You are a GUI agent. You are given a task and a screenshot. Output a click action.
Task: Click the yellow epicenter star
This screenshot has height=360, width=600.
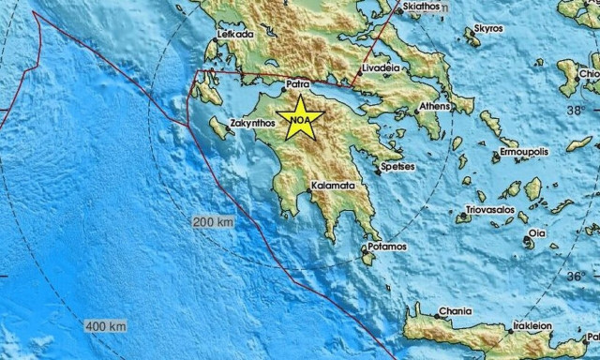(300, 119)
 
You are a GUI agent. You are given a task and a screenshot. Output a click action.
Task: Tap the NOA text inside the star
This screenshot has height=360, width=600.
(300, 121)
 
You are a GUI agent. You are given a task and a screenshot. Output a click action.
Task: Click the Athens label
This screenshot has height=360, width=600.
(434, 106)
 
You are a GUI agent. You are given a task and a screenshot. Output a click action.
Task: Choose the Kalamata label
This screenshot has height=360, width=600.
(331, 186)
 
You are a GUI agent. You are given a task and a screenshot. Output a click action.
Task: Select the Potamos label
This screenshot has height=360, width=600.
(386, 247)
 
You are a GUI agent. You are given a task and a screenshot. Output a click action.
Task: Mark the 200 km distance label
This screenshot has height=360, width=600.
(213, 222)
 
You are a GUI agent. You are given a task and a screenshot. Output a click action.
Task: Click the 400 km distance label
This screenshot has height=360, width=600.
(106, 326)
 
